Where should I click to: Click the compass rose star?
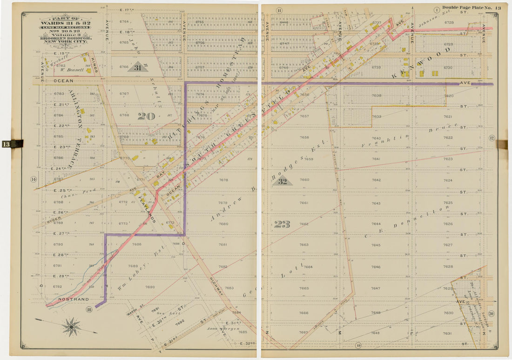click(71, 327)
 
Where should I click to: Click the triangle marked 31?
click(137, 67)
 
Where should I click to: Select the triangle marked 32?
click(282, 181)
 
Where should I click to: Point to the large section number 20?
click(146, 116)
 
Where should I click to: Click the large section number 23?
click(282, 224)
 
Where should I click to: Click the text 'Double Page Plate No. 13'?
click(471, 7)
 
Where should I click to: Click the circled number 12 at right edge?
click(491, 138)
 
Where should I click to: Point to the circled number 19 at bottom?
click(357, 345)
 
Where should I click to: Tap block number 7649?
click(376, 333)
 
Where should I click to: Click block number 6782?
click(61, 66)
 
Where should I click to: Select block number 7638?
click(376, 95)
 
